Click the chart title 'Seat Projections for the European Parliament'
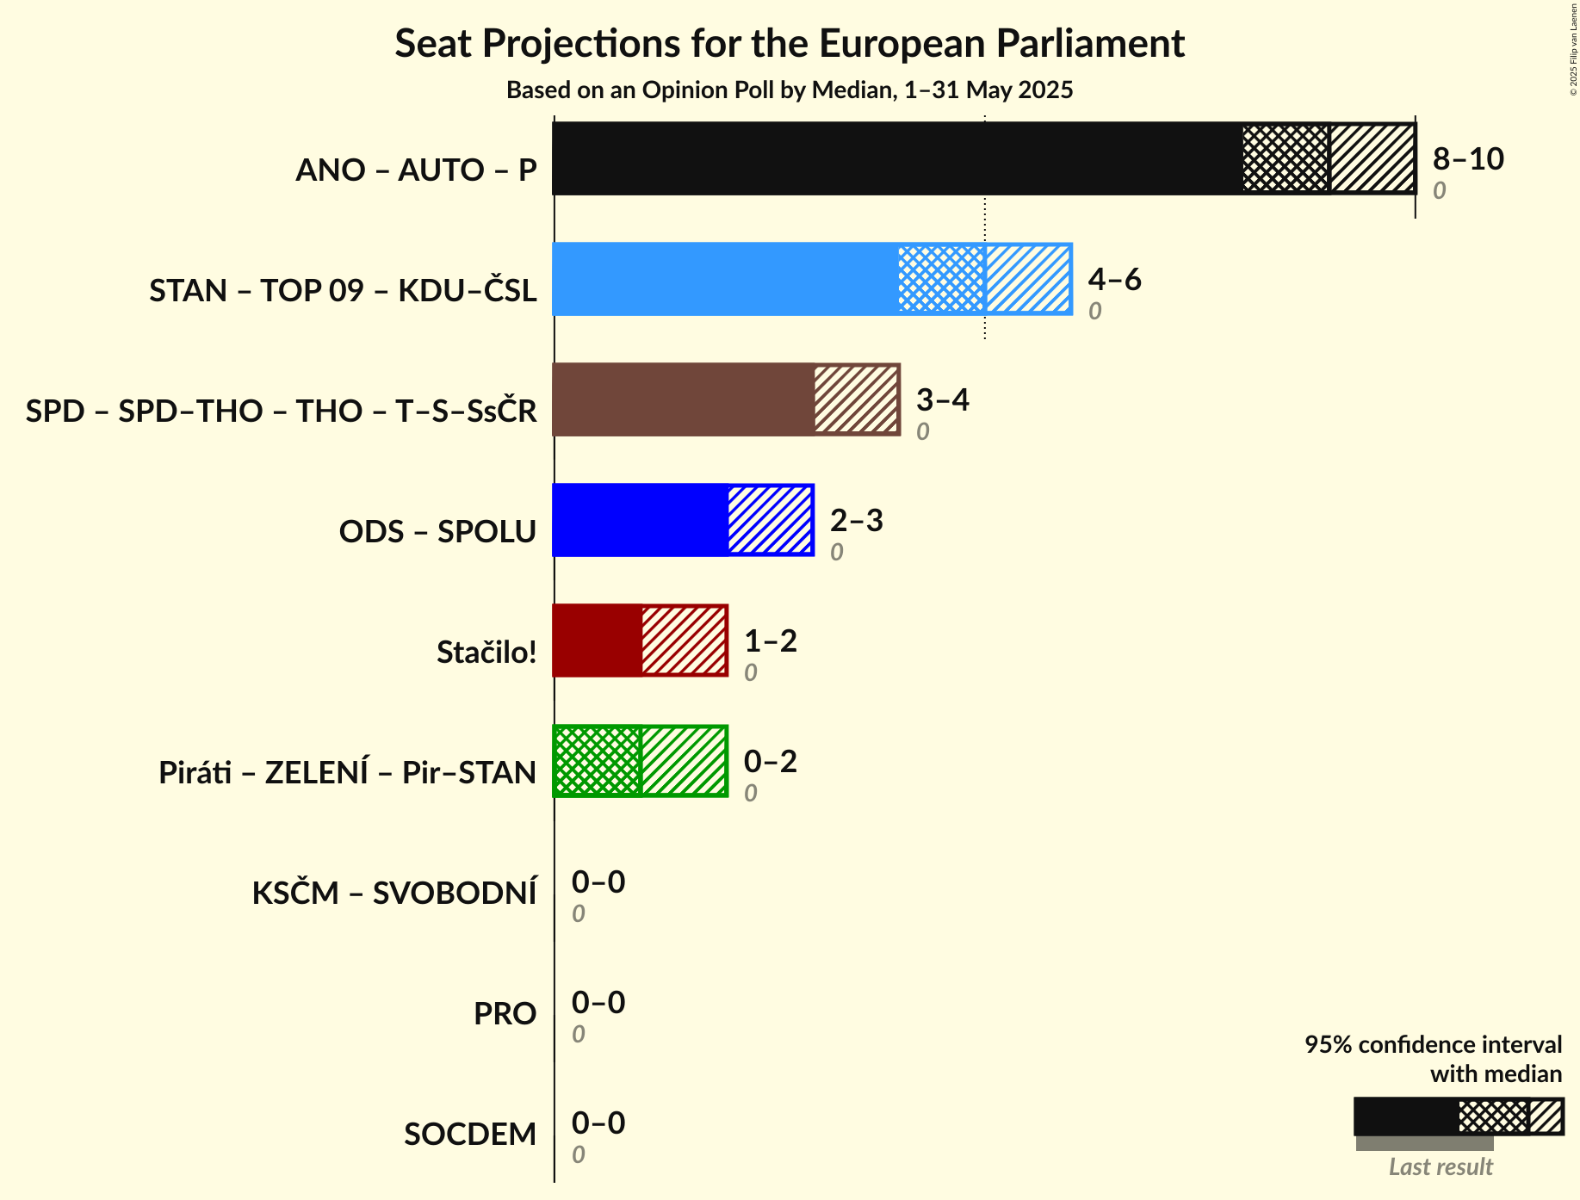790,44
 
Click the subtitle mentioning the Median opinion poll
790,90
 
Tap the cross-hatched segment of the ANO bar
1286,158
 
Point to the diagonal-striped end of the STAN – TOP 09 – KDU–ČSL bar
1028,279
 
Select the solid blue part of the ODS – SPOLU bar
641,520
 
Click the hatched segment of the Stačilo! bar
685,640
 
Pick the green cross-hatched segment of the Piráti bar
598,761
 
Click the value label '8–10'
1468,159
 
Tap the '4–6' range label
1114,280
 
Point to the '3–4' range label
942,400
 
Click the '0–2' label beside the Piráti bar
770,762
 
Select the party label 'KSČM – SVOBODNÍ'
394,893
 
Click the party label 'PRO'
505,1013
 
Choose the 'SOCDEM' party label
470,1134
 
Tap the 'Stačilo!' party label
486,652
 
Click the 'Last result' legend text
1441,1166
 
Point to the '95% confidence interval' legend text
1433,1044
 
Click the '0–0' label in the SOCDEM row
598,1123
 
